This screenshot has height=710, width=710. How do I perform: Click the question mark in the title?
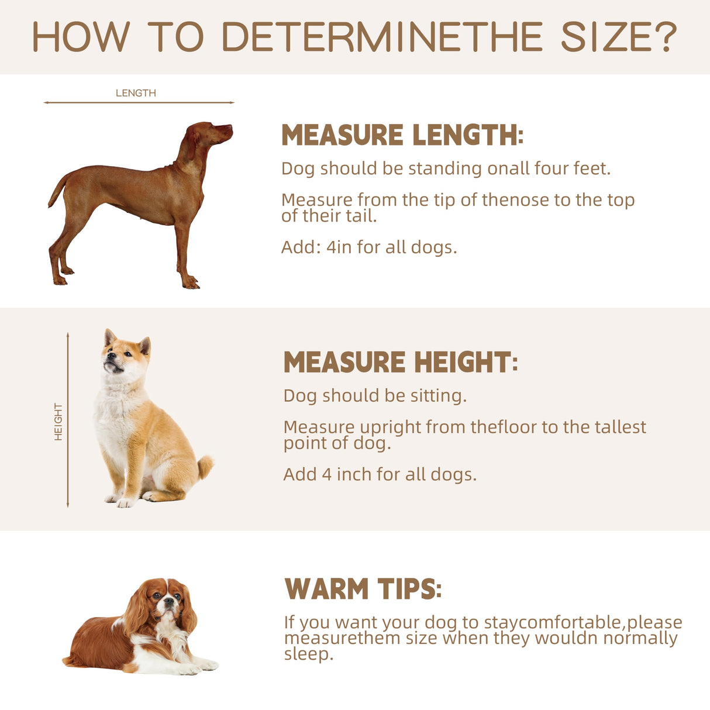[x=666, y=36]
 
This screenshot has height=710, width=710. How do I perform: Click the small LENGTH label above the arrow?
[x=136, y=93]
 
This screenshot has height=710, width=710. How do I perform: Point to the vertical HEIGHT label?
[x=58, y=422]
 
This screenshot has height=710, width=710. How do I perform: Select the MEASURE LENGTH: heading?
[x=402, y=135]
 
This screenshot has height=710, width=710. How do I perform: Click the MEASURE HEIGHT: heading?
[x=401, y=362]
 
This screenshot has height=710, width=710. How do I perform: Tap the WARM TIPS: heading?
[x=363, y=588]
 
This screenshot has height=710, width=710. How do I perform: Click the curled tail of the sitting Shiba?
[x=205, y=467]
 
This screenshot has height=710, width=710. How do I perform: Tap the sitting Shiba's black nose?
[x=109, y=356]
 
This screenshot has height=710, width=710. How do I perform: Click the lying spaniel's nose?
[x=169, y=601]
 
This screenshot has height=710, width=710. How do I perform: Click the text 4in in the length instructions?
[x=339, y=247]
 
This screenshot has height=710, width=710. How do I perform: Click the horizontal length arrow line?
[x=139, y=102]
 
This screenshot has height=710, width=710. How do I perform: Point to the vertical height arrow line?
[x=68, y=420]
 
